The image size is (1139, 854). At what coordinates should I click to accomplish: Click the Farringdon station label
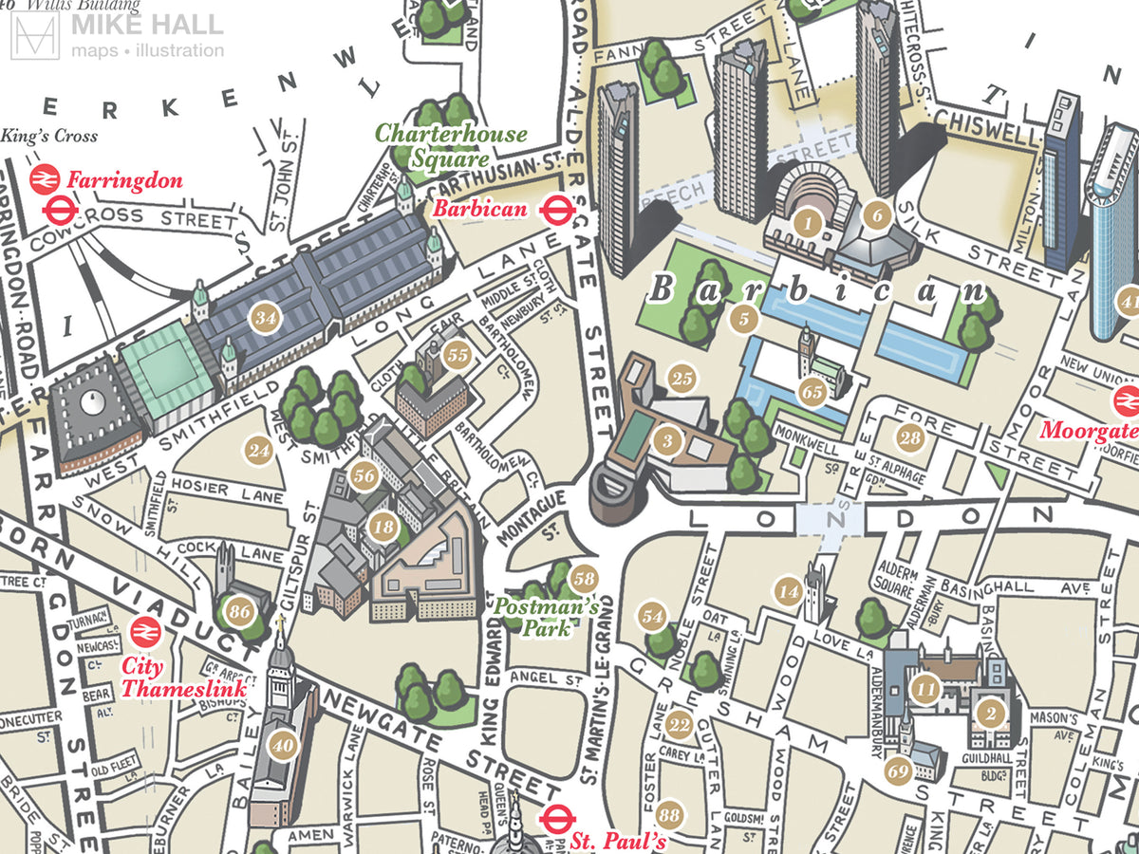[x=123, y=180]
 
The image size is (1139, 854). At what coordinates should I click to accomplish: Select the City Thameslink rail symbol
[x=144, y=631]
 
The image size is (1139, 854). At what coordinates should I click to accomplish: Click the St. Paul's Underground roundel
[x=554, y=817]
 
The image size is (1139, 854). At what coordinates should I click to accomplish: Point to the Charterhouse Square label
[x=451, y=145]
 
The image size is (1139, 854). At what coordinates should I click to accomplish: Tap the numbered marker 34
[x=266, y=319]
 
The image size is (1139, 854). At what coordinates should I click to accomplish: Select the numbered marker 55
[x=458, y=355]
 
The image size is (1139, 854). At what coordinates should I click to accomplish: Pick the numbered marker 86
[x=239, y=612]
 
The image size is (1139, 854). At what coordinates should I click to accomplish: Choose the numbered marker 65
[x=812, y=391]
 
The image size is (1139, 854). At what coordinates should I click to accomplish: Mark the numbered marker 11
[x=924, y=689]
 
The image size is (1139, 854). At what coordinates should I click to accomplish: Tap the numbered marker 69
[x=899, y=770]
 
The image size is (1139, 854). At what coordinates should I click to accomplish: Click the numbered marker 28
[x=910, y=437]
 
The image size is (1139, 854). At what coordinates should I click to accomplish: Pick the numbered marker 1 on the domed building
[x=807, y=225]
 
